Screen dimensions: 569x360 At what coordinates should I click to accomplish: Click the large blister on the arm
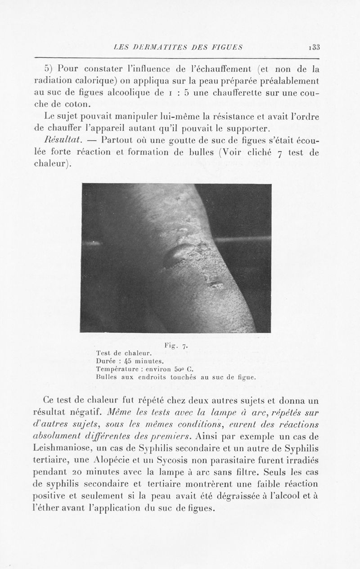pyautogui.click(x=177, y=255)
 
